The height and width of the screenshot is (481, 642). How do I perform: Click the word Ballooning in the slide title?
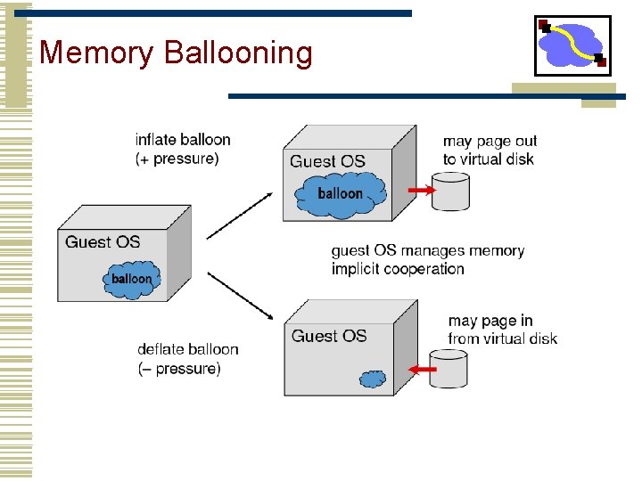click(x=239, y=53)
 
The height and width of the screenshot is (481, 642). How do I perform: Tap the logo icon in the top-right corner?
click(x=572, y=45)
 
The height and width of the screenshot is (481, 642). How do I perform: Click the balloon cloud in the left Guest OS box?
click(x=131, y=278)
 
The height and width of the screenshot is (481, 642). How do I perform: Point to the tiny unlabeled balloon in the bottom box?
click(x=373, y=379)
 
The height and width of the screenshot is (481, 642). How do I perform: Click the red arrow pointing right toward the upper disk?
click(x=420, y=191)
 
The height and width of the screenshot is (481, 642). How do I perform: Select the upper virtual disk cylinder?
click(x=449, y=192)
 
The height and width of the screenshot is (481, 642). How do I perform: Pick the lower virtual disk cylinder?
click(x=449, y=368)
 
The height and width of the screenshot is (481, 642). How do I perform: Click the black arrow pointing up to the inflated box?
click(x=240, y=214)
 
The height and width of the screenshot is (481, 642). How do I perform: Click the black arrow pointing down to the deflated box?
click(x=240, y=295)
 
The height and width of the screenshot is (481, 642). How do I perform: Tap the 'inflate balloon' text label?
click(x=183, y=140)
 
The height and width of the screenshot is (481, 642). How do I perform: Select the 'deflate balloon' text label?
click(x=188, y=349)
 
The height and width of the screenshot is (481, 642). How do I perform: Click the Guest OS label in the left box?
click(x=103, y=241)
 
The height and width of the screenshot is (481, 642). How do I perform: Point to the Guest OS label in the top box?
click(x=327, y=161)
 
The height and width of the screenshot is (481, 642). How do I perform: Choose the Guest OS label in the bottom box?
click(x=329, y=336)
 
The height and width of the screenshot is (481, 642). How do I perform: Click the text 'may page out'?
click(x=490, y=141)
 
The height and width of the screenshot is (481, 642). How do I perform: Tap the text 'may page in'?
click(x=490, y=321)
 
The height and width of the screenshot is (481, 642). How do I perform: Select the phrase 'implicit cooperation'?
click(x=398, y=269)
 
